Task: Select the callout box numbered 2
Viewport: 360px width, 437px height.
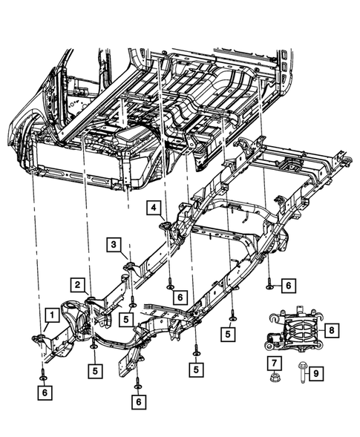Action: pos(77,283)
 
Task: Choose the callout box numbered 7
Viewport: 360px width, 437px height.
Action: pos(275,362)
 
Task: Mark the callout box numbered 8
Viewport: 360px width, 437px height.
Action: pos(332,329)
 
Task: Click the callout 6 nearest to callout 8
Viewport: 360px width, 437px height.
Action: pos(288,285)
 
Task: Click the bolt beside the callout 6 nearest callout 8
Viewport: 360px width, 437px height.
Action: pos(269,285)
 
